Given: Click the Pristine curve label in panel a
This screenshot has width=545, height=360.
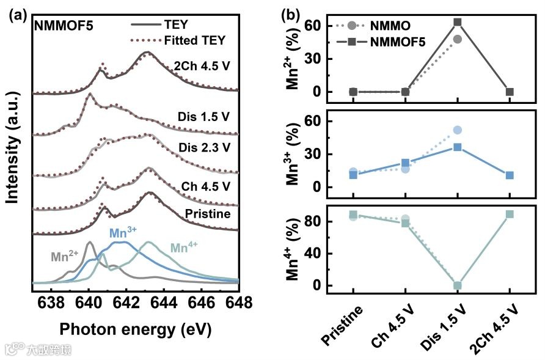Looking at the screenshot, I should point(208,213).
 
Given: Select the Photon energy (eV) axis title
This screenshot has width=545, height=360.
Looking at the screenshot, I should point(135,329).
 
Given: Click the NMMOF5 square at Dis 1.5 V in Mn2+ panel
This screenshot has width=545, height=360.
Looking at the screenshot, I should point(457,22).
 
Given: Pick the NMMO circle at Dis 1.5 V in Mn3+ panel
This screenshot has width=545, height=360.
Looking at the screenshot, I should point(457,130).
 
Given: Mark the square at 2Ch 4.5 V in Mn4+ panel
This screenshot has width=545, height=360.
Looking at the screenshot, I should point(509,214).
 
